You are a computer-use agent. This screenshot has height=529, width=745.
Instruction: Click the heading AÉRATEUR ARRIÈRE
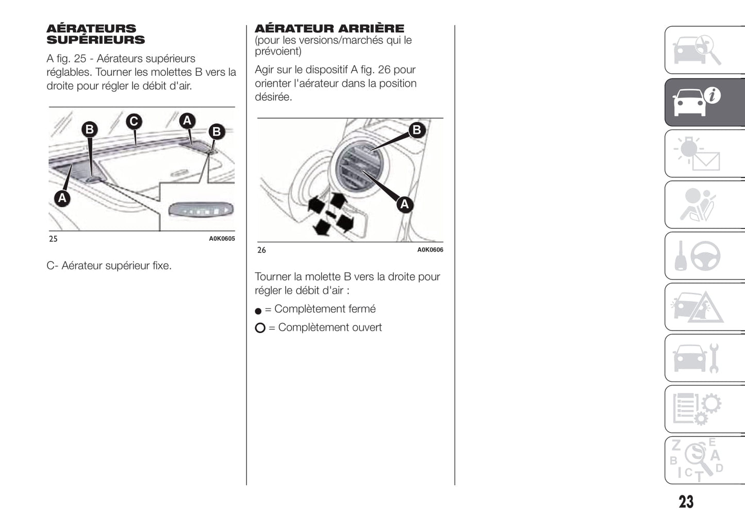coord(329,28)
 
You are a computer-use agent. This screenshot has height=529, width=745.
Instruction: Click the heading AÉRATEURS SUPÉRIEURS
coord(95,34)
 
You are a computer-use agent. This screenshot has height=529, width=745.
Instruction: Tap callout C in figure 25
coord(134,121)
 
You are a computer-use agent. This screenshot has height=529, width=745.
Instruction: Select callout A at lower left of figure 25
coord(62,197)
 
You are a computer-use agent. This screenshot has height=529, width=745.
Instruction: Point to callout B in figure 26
coord(417,130)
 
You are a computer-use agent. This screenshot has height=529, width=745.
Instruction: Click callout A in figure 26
coord(405,204)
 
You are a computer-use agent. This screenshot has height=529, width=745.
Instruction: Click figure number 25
coord(53,239)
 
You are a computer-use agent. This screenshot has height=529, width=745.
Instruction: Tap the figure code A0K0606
coord(430,250)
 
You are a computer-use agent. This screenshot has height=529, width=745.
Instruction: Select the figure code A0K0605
coord(222,239)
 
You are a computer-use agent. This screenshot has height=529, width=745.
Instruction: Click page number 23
coord(686,502)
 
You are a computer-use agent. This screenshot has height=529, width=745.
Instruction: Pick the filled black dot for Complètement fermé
coord(258,311)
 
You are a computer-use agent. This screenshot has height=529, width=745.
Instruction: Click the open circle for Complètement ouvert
coord(260,328)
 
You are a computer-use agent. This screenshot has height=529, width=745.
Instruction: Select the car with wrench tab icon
coord(696,358)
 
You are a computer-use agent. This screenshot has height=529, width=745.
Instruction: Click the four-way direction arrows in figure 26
coord(330,214)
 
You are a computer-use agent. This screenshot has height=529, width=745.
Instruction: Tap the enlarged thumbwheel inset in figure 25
coord(201,210)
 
